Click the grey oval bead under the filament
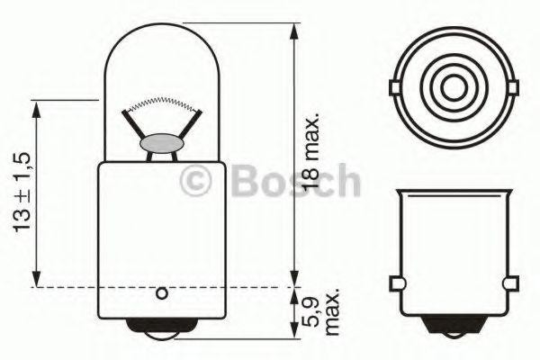[x=162, y=144]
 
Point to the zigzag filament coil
[x=162, y=102]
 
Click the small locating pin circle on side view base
[x=162, y=292]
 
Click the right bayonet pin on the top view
[x=515, y=87]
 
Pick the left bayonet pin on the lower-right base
[x=394, y=286]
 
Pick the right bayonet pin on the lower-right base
[x=513, y=286]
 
